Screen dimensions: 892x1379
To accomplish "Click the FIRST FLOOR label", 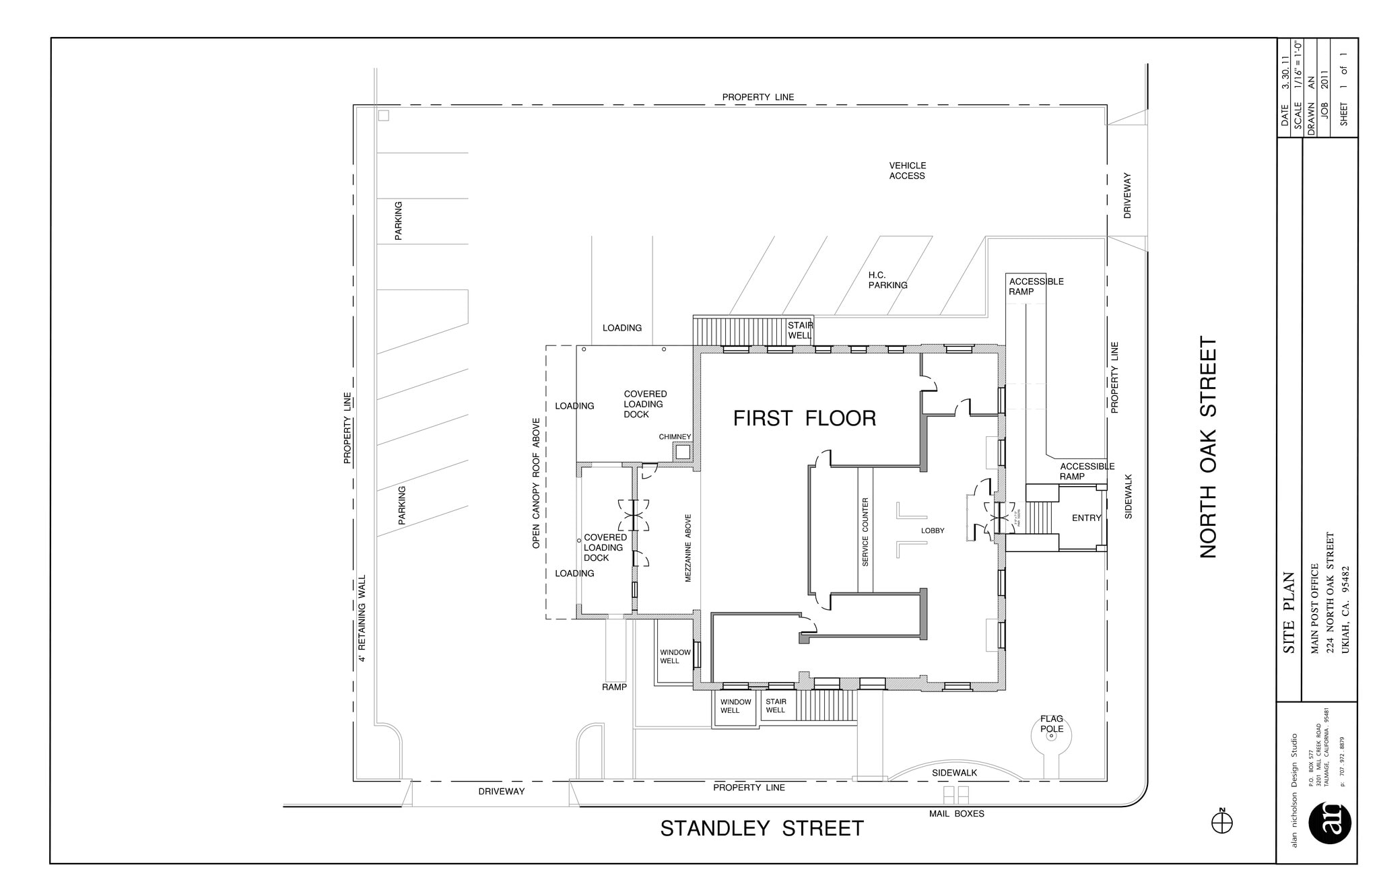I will click(804, 418).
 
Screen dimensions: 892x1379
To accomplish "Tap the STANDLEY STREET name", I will click(762, 828).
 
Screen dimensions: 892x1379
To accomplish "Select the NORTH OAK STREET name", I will click(1209, 447).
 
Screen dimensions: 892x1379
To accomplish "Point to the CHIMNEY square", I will click(683, 452).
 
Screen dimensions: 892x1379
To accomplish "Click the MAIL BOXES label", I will click(956, 813).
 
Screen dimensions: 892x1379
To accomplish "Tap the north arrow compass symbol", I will click(1221, 823).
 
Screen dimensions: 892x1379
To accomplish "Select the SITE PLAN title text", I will click(1289, 613).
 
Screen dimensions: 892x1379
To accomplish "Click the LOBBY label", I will click(933, 530).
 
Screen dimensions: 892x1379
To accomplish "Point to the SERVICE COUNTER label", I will click(865, 531).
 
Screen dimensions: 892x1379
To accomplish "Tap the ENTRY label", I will click(1086, 518).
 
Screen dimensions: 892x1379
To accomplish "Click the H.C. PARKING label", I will click(887, 280).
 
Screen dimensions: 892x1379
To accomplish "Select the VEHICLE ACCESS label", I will click(907, 170).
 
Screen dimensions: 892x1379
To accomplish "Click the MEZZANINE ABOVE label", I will click(688, 548).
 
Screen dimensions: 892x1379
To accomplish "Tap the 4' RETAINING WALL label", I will click(362, 618).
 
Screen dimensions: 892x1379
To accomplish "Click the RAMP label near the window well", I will click(614, 687).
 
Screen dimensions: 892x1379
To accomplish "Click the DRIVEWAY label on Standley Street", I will click(501, 791).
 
